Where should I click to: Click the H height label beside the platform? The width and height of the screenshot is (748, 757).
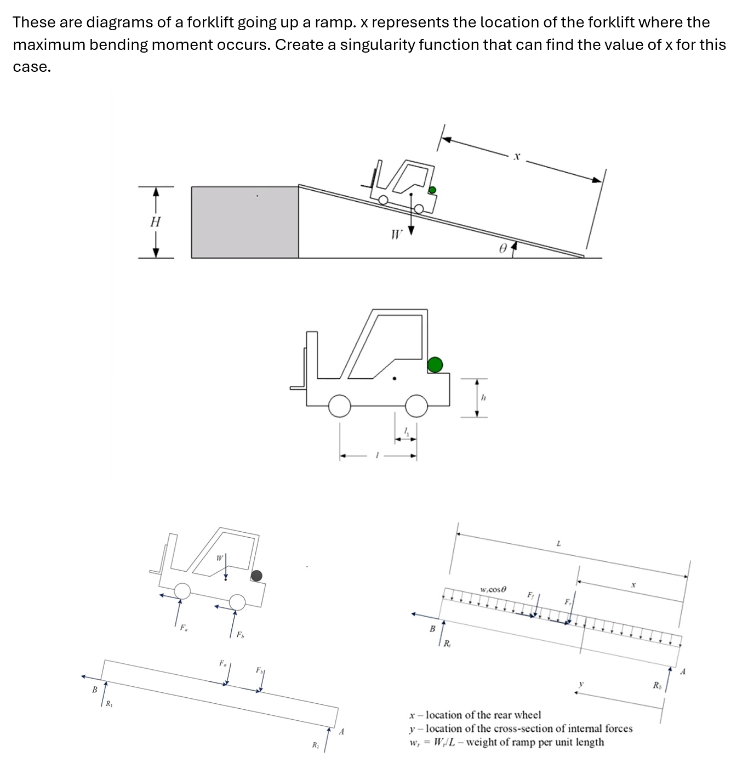point(156,222)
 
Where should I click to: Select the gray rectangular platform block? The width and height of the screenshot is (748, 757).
point(244,222)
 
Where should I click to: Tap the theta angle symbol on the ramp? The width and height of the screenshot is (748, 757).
point(503,248)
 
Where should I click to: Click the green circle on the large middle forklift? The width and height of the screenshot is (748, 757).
point(435,365)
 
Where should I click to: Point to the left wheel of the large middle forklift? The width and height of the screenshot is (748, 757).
point(340,406)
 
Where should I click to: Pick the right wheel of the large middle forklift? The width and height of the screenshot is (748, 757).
point(416,406)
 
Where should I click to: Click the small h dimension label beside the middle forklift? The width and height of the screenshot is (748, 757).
point(483,397)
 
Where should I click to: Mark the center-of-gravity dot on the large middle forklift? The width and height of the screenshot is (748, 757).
point(395,378)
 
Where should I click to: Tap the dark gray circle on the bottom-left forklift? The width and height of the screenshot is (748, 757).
point(256,576)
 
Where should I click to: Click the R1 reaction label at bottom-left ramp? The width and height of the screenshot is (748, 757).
point(109,704)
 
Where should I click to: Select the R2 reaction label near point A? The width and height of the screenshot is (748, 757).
point(315,745)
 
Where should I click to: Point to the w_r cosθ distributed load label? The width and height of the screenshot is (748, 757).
point(493,589)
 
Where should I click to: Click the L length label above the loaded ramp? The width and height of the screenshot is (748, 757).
point(558,544)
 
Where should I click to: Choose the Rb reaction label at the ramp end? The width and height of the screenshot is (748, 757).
point(656,685)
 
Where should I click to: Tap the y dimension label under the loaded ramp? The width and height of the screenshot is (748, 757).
point(581,684)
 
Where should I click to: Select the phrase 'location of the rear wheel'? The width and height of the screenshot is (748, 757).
point(483,715)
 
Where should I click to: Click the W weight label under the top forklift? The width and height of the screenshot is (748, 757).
point(397,235)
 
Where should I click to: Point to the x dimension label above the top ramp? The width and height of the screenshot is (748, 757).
point(516,157)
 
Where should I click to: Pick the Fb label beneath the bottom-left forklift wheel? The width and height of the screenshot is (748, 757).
point(240,635)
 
